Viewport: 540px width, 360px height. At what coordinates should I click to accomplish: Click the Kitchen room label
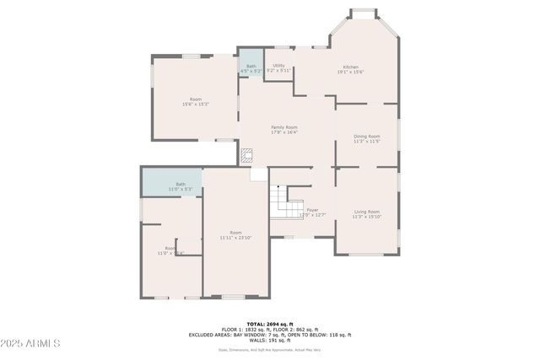click(350, 67)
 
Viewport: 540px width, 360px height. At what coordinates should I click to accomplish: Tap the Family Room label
click(283, 127)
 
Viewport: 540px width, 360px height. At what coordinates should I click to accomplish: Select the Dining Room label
click(366, 136)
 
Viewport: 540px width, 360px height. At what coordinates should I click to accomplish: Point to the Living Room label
click(366, 212)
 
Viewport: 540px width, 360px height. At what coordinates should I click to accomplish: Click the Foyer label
click(312, 210)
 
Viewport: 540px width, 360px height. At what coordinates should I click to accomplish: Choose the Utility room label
click(278, 65)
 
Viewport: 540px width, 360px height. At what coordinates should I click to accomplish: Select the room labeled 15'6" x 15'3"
click(196, 105)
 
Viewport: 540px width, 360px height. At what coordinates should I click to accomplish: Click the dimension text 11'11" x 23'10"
click(236, 238)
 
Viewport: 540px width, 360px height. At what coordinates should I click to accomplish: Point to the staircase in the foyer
click(286, 203)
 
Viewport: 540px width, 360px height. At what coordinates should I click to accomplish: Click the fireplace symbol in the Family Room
click(247, 155)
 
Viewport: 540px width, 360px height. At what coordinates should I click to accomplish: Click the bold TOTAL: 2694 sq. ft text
click(270, 324)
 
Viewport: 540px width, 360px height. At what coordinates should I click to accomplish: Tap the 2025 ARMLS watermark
click(31, 343)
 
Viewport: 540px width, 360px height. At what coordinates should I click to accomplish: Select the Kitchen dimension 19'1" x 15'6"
click(350, 72)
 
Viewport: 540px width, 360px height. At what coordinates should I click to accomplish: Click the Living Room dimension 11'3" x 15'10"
click(366, 217)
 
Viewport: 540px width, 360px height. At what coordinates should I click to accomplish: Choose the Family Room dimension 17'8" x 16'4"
click(283, 132)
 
